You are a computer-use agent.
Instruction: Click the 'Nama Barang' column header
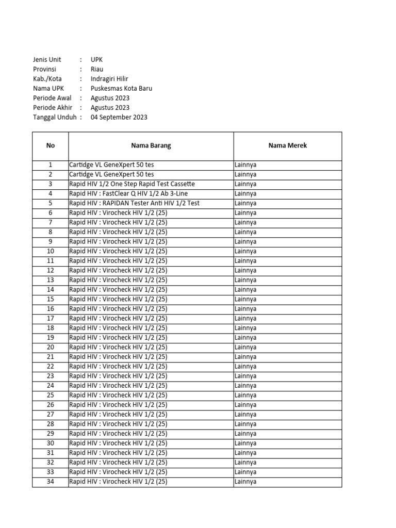click(x=151, y=145)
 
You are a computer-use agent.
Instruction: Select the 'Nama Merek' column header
click(x=287, y=145)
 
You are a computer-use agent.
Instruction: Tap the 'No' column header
click(x=50, y=145)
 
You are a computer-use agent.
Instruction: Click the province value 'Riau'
click(x=97, y=69)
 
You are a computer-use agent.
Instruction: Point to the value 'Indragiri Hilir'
click(x=109, y=79)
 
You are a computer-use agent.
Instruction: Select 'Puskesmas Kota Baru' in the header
click(x=121, y=88)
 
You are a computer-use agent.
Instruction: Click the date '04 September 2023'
click(x=119, y=117)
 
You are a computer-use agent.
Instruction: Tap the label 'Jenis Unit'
click(x=47, y=60)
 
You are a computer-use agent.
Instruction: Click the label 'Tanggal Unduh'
click(x=54, y=117)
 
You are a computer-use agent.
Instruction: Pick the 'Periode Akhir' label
click(x=52, y=108)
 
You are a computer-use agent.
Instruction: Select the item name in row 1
click(x=111, y=165)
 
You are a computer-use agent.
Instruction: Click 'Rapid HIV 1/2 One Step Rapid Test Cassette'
click(x=132, y=184)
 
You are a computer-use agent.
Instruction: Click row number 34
click(x=50, y=482)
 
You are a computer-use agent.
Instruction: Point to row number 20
click(x=50, y=348)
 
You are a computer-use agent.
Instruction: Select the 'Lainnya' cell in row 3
click(x=245, y=184)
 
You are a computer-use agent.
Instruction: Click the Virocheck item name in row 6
click(x=118, y=213)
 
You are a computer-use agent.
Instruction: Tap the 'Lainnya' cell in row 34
click(x=245, y=482)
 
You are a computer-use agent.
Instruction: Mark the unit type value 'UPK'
click(x=96, y=60)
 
